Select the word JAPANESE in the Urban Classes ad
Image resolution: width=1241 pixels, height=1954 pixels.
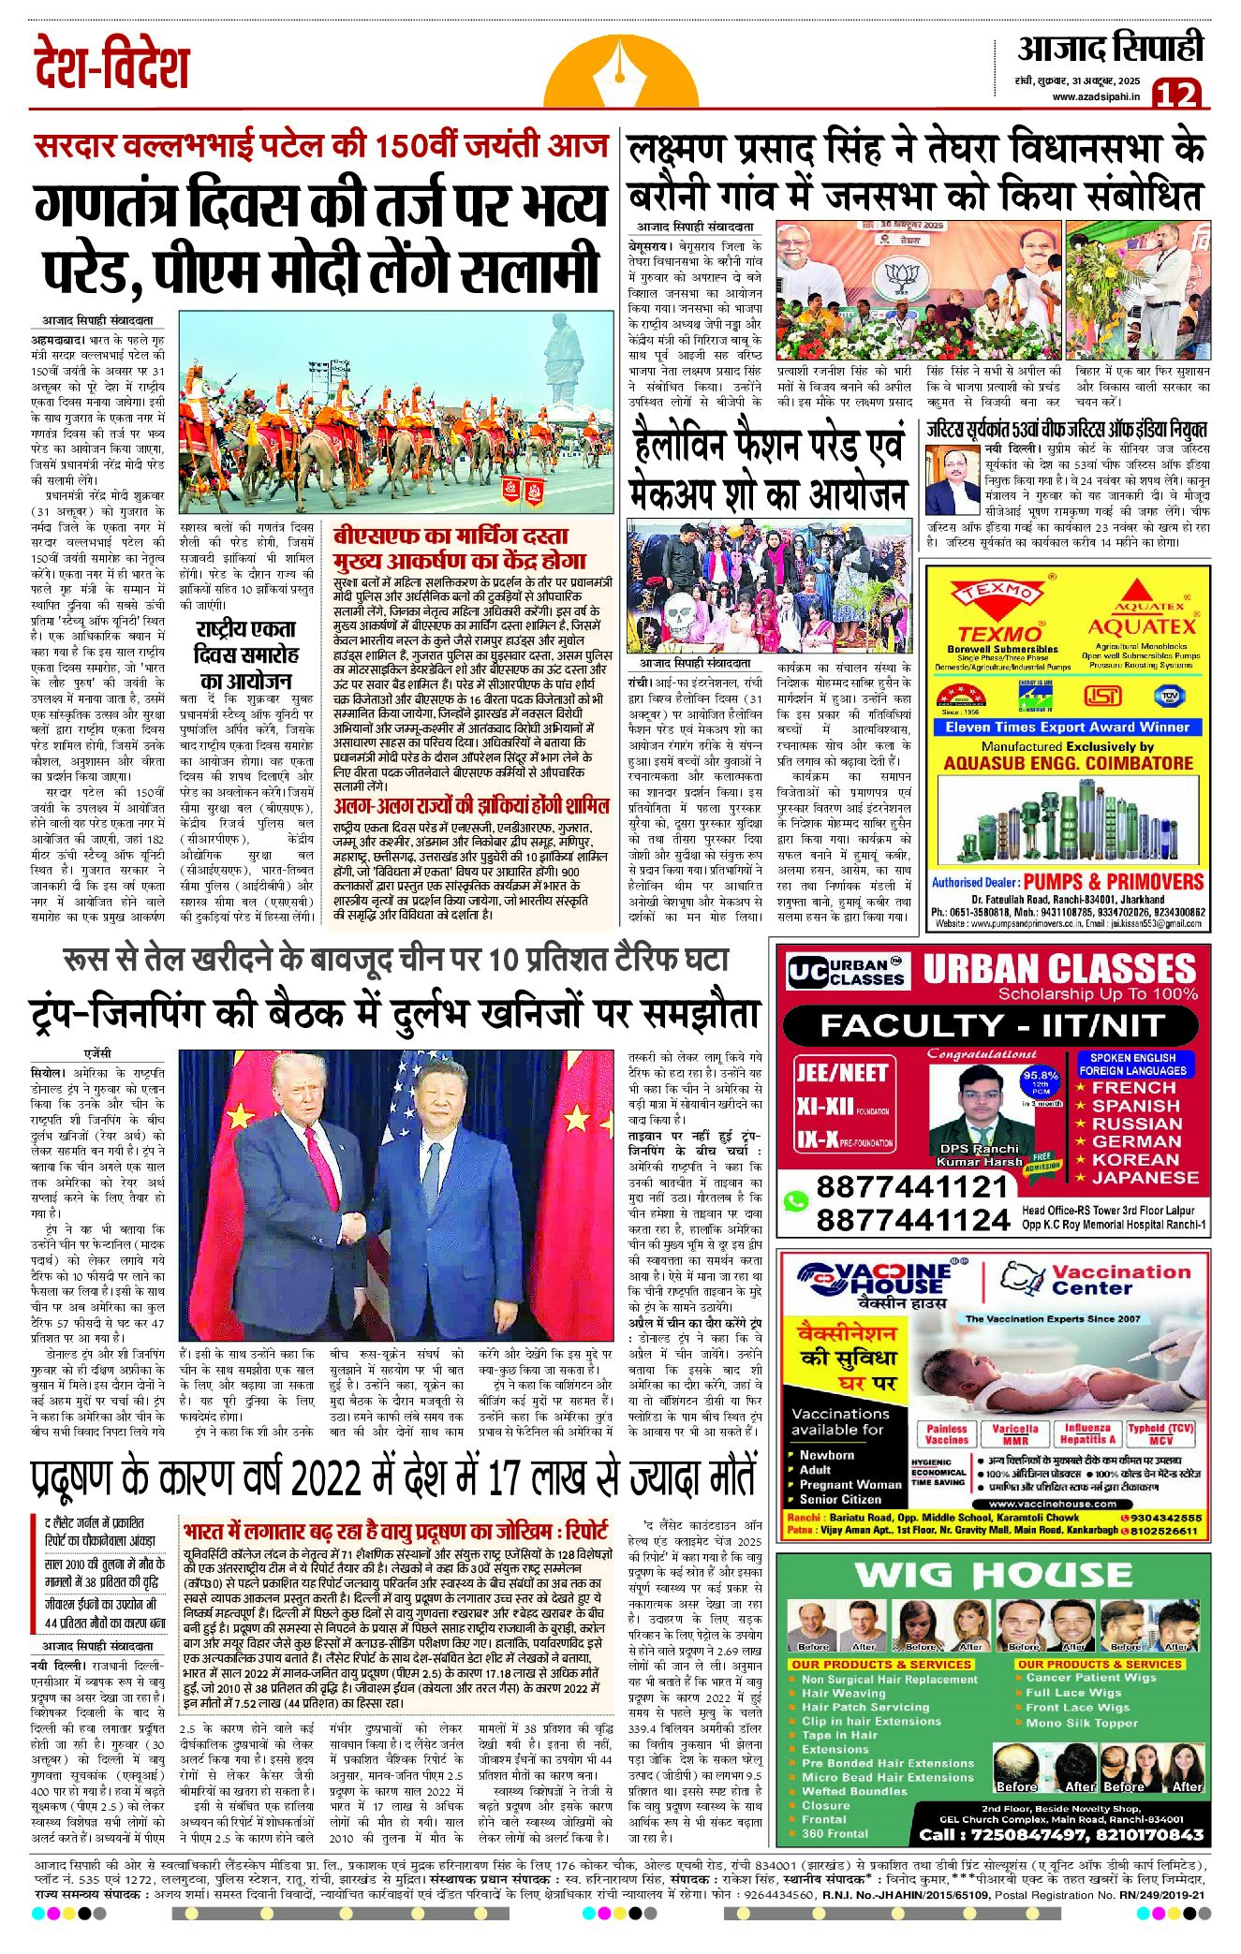pyautogui.click(x=1144, y=1177)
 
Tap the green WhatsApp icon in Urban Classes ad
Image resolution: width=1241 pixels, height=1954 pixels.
pyautogui.click(x=796, y=1201)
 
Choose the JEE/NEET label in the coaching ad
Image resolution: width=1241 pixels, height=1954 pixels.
pyautogui.click(x=841, y=1072)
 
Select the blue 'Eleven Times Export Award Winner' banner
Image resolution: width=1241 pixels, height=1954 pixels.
pyautogui.click(x=1067, y=727)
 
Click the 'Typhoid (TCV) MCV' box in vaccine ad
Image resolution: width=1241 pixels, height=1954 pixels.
pyautogui.click(x=1160, y=1433)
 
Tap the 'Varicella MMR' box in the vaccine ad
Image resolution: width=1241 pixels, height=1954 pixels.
pyautogui.click(x=1014, y=1433)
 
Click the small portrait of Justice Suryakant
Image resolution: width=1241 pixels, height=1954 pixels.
pyautogui.click(x=953, y=478)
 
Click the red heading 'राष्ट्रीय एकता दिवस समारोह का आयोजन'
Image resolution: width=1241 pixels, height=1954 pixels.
pyautogui.click(x=246, y=654)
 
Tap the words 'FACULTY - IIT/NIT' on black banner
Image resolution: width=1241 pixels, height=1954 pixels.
pyautogui.click(x=991, y=1025)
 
